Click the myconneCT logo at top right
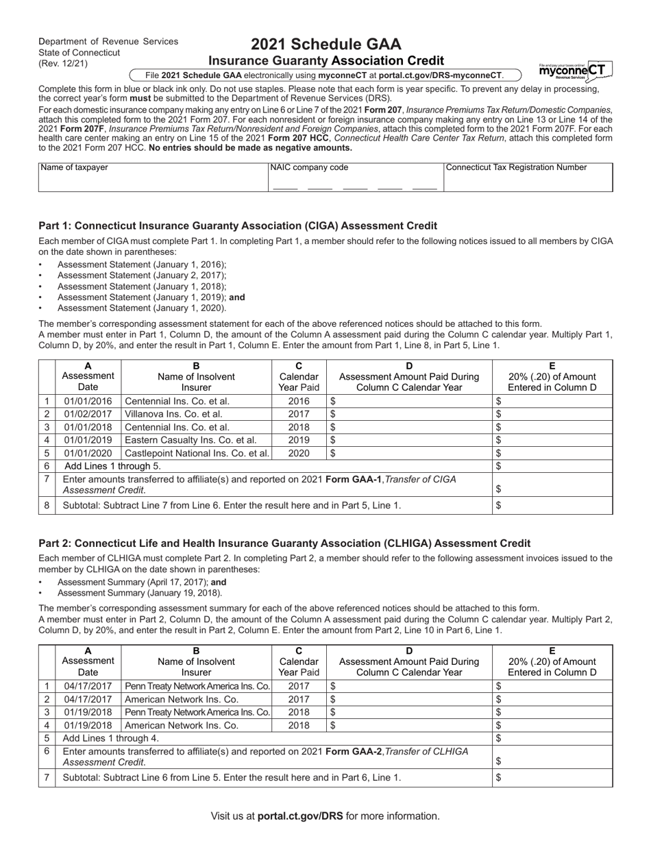tap(575, 71)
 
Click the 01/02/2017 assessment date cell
tap(88, 414)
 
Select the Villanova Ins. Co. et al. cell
tap(196, 414)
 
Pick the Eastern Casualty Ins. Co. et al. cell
tap(196, 440)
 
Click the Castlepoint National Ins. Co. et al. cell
tap(196, 453)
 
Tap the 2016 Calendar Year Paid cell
tap(299, 401)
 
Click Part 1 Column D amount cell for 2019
tap(409, 440)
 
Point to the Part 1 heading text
tap(238, 225)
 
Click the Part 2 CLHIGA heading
tap(284, 543)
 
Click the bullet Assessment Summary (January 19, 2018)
tap(140, 593)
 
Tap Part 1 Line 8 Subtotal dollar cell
tap(552, 505)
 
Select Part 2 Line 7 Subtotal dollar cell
tap(552, 777)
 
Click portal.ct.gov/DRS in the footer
tap(300, 816)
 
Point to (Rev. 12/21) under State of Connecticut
tap(63, 64)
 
